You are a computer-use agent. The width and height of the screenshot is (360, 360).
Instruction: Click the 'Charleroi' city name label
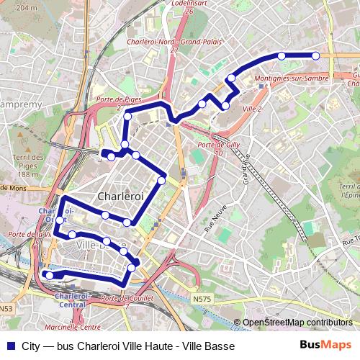coord(120,196)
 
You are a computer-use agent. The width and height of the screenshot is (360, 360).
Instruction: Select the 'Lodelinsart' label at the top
coord(189,4)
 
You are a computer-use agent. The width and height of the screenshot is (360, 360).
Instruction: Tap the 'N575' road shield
coord(203,297)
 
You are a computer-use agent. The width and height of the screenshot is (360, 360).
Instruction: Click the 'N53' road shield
coord(6,308)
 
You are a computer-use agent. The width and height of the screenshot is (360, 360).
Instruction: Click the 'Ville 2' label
coord(252,108)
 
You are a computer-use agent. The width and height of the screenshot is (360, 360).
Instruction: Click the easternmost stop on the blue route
coord(315,55)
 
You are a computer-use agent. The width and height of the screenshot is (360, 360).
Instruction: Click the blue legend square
coord(9,345)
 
